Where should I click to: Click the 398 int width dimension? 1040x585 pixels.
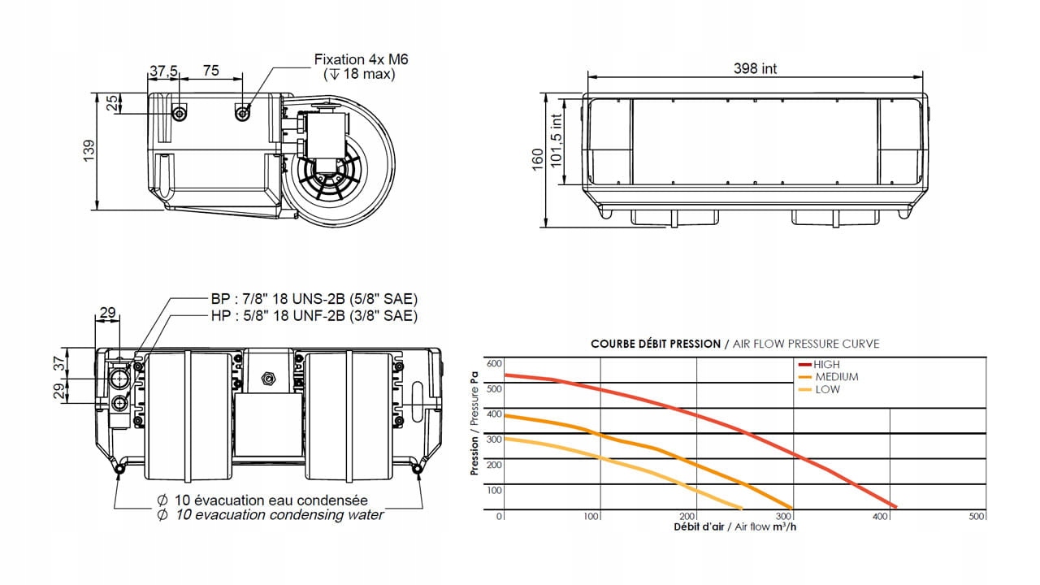pos(755,68)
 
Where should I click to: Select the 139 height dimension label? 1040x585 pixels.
pos(89,150)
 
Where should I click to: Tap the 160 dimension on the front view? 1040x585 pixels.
pos(537,160)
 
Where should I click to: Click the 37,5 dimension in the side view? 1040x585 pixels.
pos(163,71)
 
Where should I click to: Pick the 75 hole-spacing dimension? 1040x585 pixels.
pos(210,71)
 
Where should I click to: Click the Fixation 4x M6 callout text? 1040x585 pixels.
pos(362,59)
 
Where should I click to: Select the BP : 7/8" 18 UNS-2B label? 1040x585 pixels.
pos(309,298)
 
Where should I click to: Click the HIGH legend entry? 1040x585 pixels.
pos(825,365)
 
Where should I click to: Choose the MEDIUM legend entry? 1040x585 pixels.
pos(835,377)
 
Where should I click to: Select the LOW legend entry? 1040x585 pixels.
pos(827,389)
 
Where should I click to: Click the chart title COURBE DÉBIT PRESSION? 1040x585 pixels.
pos(655,344)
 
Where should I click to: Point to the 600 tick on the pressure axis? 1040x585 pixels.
pos(494,363)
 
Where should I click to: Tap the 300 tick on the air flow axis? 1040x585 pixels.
pos(784,517)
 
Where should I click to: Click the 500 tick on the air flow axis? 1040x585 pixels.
pos(977,517)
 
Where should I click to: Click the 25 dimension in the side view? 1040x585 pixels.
pos(111,103)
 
